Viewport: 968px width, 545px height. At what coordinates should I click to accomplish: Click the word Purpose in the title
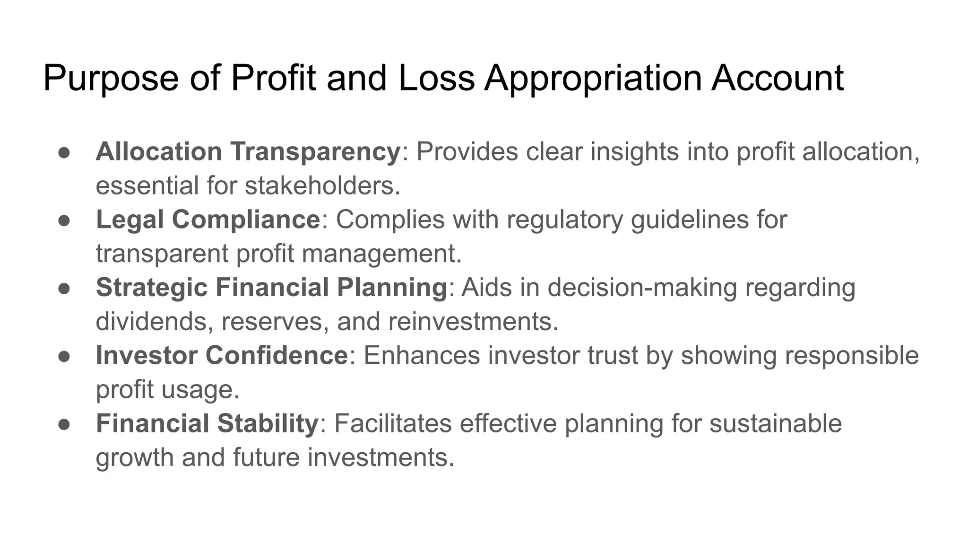(111, 79)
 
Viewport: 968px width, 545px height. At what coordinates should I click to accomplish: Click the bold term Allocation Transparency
(248, 152)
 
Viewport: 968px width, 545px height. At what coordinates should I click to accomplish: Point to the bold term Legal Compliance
(208, 220)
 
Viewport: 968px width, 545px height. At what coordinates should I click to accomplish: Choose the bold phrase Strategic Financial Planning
(271, 288)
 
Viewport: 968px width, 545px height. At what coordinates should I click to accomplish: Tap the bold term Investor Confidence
(222, 355)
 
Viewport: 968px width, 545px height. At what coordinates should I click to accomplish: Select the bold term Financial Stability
(207, 423)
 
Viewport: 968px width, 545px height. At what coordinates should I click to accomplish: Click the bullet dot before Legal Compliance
(64, 220)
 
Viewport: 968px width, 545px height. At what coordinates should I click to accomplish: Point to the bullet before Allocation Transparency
(64, 153)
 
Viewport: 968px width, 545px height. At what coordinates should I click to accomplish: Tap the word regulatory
(565, 220)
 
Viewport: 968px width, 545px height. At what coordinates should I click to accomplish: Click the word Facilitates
(393, 423)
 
